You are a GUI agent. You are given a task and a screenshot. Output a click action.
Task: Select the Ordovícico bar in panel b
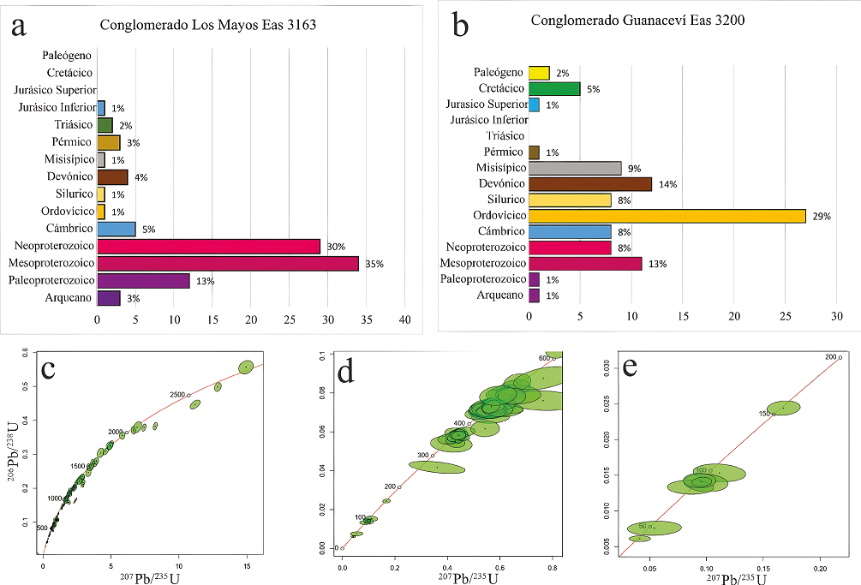coord(667,215)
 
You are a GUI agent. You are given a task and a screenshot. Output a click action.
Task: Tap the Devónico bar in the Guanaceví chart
coord(590,183)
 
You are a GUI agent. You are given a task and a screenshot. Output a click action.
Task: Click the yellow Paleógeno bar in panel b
coord(539,73)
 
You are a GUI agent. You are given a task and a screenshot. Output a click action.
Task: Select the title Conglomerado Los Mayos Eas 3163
coord(208,26)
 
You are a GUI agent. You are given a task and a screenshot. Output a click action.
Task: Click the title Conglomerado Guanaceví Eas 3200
coord(637,20)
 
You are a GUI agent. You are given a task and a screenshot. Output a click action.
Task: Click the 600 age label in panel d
coord(543,358)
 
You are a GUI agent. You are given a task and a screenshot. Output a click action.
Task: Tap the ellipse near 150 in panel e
coord(783,408)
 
